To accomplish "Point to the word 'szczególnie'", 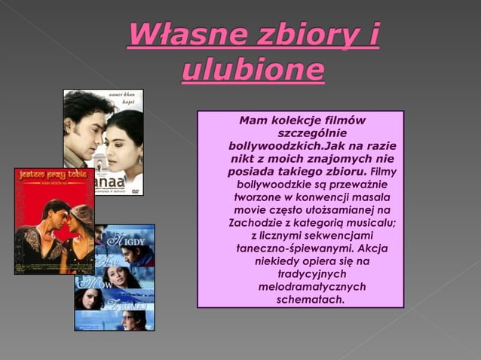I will pos(300,133).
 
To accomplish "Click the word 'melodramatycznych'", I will pos(301,287).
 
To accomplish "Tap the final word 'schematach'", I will pos(300,300).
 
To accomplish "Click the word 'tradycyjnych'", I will pos(301,274).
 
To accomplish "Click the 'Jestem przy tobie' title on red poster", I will pos(52,174).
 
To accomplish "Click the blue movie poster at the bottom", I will pos(115,279).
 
